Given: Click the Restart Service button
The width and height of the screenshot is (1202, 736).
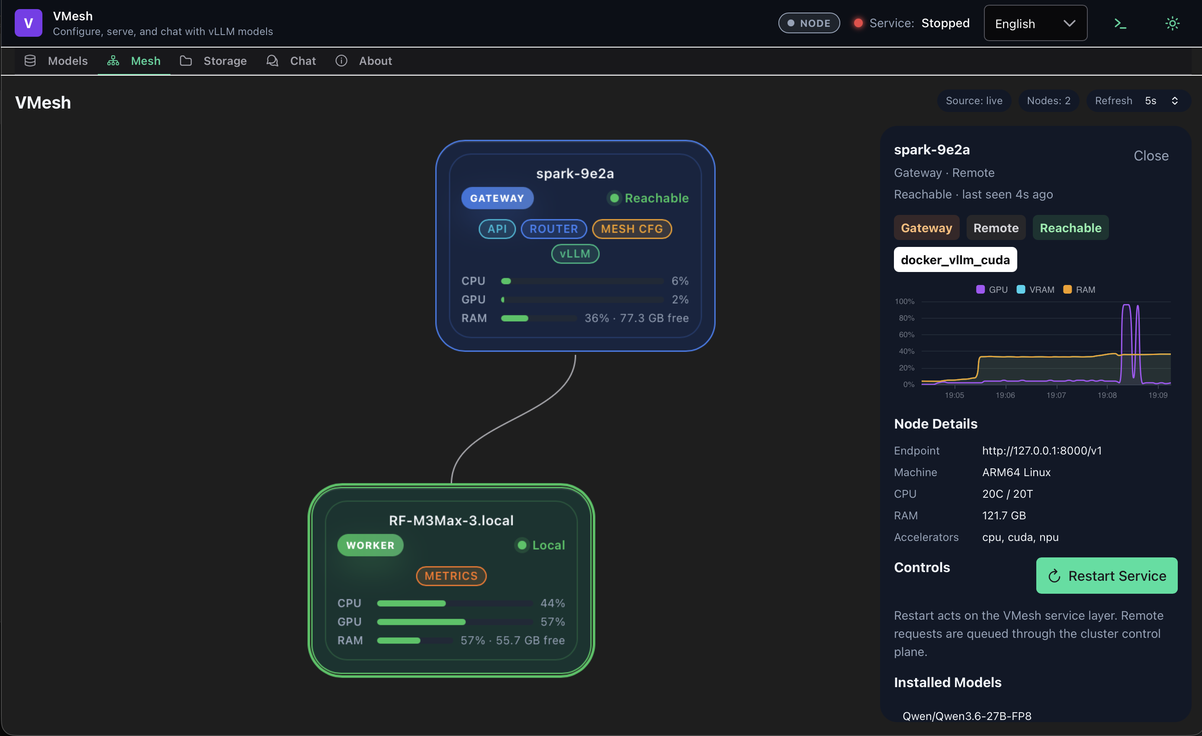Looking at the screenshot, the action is click(1106, 576).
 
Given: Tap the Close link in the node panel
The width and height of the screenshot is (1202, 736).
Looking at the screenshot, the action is click(1151, 156).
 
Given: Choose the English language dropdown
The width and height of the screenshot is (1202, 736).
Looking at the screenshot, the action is click(1035, 23).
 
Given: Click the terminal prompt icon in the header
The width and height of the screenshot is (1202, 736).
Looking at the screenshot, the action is click(1120, 23).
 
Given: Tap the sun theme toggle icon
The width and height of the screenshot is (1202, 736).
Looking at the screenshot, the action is click(1172, 23).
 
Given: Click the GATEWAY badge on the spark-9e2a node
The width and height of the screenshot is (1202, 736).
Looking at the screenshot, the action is click(497, 198).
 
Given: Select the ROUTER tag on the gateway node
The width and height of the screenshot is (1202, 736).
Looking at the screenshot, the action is click(554, 229).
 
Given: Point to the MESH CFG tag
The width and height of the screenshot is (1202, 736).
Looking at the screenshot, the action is click(632, 229).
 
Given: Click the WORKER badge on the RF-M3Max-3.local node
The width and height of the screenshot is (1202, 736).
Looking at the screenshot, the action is click(370, 545).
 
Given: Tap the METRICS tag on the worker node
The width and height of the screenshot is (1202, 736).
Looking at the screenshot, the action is click(451, 576).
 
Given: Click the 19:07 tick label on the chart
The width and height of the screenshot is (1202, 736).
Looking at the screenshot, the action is click(1056, 395).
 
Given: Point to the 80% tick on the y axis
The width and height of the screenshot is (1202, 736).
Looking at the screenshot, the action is click(906, 318).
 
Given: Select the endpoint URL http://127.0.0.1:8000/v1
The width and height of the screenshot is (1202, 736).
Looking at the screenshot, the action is click(1041, 451).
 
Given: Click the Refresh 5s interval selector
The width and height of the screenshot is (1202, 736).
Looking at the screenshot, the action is click(1138, 101).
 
